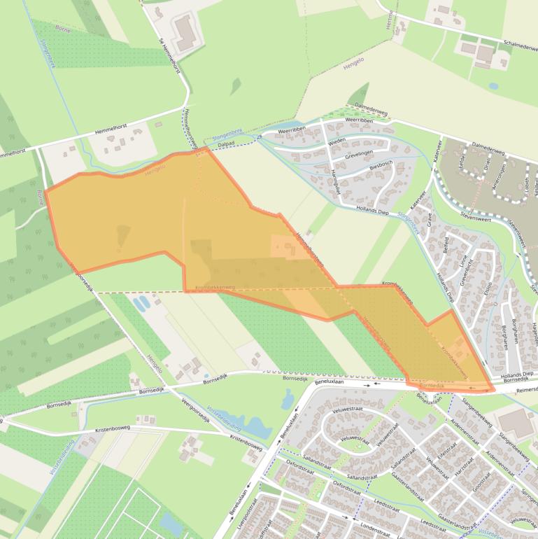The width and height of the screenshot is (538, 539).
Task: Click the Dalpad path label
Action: tap(226, 143)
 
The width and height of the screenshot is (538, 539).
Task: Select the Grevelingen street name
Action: tap(367, 154)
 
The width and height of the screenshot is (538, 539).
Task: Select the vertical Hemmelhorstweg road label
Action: tap(187, 126)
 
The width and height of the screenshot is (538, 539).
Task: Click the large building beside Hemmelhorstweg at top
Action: tap(185, 33)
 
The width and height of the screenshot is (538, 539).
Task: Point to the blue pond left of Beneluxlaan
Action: tap(289, 400)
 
